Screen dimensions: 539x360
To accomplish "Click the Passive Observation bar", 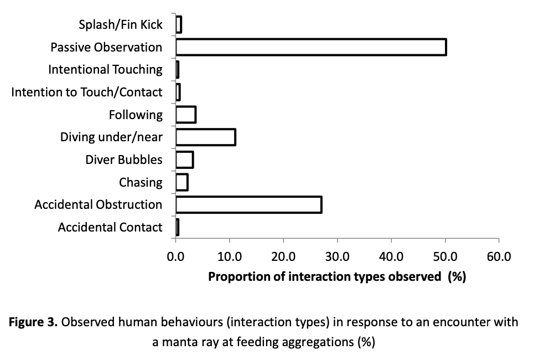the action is click(311, 47).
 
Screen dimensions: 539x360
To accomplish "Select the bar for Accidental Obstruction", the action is click(249, 205).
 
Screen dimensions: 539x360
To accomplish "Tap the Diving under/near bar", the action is click(205, 137).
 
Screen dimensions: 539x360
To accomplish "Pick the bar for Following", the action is click(186, 115).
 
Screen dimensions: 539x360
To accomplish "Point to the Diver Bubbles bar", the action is click(185, 160).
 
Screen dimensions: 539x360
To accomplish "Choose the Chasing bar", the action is click(182, 182).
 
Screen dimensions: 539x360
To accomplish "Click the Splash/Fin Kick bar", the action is click(179, 24).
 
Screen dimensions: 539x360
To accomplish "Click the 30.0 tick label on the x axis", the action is click(337, 257).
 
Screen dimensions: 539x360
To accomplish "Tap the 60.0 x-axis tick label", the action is click(499, 257).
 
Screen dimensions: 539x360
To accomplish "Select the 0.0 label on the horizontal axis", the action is click(175, 257).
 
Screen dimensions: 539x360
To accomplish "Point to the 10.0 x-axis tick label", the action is click(229, 257).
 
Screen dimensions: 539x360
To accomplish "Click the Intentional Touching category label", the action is click(105, 70).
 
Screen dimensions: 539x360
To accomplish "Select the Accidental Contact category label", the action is click(110, 227).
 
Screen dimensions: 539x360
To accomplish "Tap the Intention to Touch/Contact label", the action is click(87, 92).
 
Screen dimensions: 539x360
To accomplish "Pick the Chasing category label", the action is click(141, 182).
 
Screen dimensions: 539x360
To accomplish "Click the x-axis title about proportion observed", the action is click(337, 277).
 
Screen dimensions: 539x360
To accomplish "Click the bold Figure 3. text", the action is click(33, 322).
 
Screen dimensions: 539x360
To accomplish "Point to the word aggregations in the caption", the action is click(318, 343).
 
